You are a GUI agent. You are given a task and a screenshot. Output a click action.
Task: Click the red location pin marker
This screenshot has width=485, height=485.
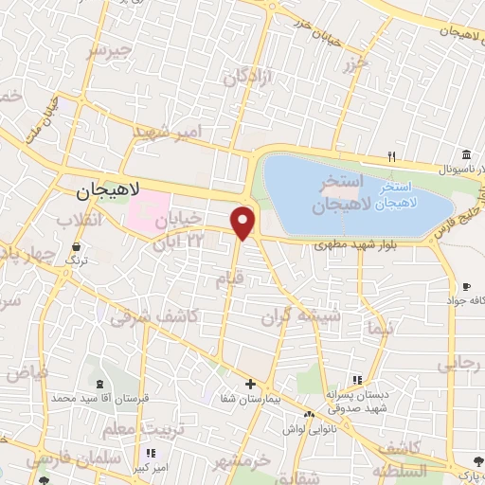(x=243, y=223)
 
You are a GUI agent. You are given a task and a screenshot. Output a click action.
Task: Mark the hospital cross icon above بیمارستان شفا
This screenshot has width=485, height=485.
(x=249, y=385)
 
